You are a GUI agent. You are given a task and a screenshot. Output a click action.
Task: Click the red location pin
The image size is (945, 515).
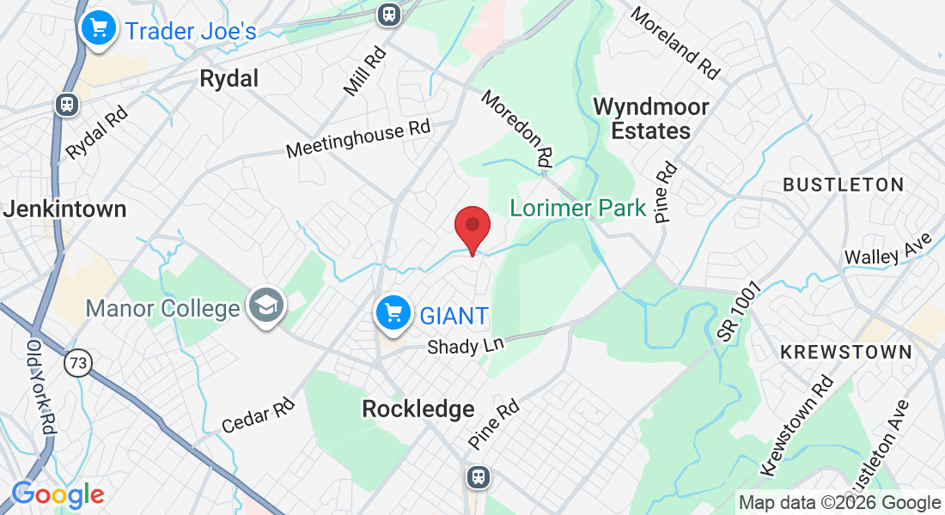coord(472,228)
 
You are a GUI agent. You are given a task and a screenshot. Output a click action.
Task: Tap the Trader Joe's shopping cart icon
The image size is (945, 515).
coord(99,29)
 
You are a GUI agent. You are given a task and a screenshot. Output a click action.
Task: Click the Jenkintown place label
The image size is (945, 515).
coord(64,209)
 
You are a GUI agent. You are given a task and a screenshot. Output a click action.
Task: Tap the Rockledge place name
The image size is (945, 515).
coord(418,409)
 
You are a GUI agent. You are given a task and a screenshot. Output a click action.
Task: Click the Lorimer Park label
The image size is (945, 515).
coord(578,208)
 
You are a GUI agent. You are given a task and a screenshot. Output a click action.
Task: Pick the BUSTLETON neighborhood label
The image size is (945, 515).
coord(843,185)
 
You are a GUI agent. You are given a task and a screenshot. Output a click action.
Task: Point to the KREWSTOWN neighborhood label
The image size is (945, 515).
coord(845,352)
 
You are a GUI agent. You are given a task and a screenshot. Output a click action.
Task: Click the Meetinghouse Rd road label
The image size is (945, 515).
coord(358,139)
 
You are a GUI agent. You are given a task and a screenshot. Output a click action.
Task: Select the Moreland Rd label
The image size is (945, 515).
coord(674,44)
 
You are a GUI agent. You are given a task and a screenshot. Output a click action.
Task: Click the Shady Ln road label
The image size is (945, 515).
coord(466,345)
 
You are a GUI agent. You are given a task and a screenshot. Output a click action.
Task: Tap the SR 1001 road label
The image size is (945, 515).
coord(741,314)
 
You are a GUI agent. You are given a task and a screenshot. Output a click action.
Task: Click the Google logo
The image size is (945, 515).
coord(58,495)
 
